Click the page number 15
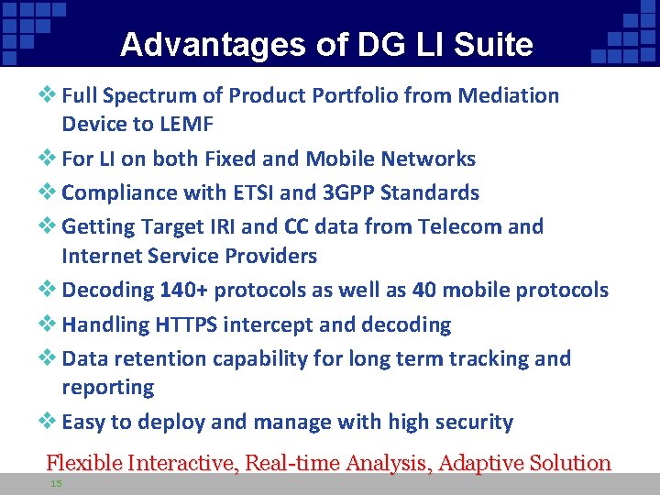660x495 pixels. (x=57, y=483)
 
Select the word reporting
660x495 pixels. (x=107, y=388)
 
